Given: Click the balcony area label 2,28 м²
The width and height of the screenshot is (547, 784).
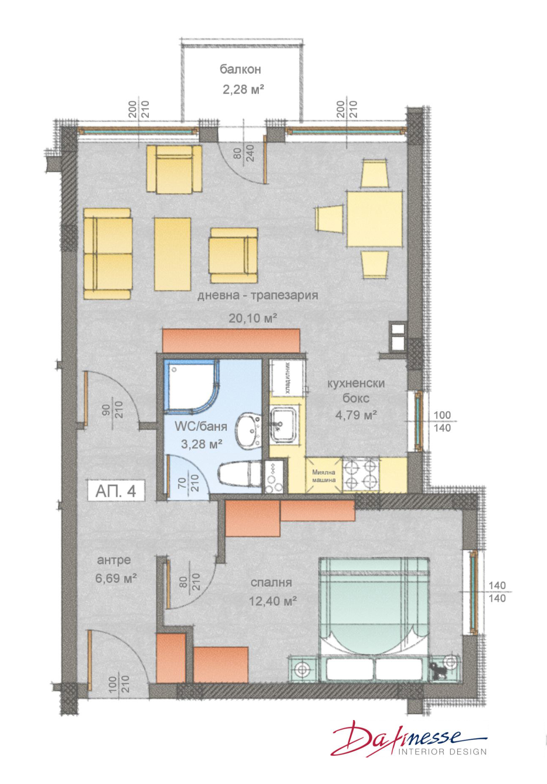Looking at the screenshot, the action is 243,89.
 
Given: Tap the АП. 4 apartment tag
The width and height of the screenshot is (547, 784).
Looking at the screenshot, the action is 116,491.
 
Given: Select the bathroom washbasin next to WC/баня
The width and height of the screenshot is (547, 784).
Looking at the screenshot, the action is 249,431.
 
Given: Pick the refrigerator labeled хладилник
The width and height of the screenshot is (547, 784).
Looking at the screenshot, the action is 287,377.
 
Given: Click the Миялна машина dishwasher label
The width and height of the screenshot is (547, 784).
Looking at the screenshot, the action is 324,476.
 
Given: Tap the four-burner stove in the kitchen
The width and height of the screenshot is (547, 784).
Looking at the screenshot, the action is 361,475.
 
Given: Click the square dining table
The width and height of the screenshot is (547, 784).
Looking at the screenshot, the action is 375,219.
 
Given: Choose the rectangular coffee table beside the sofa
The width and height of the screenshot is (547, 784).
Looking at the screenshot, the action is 172,254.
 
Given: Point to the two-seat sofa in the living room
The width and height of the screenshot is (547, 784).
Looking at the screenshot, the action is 107,253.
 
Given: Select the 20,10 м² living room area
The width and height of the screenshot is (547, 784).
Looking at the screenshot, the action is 252,318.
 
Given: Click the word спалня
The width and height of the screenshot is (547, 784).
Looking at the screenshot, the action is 271,583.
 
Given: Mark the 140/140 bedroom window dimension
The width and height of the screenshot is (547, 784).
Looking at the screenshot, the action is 497,592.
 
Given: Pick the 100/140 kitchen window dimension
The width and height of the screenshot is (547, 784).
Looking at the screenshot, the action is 442,421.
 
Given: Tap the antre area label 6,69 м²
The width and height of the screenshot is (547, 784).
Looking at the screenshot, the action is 115,578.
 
